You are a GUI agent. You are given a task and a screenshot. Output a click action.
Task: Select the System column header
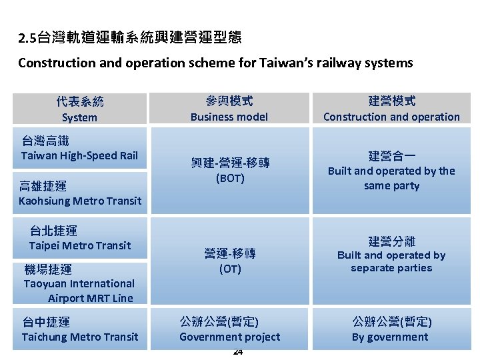coord(79,117)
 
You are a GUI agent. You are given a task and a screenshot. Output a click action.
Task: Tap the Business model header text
coord(229,117)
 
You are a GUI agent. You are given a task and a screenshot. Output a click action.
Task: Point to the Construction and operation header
coord(391,117)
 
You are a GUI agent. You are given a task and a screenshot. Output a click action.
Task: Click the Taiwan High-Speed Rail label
coord(79,156)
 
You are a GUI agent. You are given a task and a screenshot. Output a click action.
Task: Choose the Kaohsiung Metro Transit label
coord(80,201)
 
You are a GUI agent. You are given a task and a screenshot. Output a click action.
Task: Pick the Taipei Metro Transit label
coord(80,245)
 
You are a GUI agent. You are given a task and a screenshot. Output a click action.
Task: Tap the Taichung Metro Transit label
coord(80,337)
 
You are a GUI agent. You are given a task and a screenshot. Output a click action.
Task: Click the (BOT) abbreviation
coord(230,179)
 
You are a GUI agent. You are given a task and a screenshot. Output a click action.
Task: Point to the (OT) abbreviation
coord(230,269)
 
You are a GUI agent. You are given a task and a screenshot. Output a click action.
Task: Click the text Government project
coord(230,337)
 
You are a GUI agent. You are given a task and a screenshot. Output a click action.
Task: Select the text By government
coord(391,337)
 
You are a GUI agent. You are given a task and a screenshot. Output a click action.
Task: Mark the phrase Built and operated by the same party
coord(391,178)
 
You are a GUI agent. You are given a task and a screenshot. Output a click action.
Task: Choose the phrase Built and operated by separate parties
coord(391,261)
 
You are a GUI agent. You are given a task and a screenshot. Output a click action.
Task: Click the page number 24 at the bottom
coord(238,351)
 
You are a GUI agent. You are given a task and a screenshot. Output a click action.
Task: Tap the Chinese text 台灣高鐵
coord(45,141)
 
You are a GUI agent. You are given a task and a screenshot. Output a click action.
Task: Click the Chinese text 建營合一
coord(391,157)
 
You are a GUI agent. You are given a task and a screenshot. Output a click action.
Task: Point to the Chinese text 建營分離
coord(391,241)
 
